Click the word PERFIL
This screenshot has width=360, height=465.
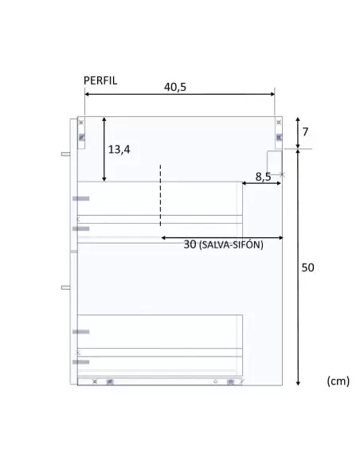(100, 80)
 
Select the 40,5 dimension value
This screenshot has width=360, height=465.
(175, 87)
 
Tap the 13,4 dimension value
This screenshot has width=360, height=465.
(119, 150)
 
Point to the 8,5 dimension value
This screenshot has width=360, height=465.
(263, 177)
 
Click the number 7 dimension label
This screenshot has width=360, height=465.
(305, 131)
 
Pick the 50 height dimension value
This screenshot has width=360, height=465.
(307, 268)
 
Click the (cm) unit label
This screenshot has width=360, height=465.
(338, 381)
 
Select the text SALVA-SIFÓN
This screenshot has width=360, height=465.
(231, 245)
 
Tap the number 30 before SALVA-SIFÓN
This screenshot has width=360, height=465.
(190, 244)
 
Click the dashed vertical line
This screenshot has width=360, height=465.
(160, 195)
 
